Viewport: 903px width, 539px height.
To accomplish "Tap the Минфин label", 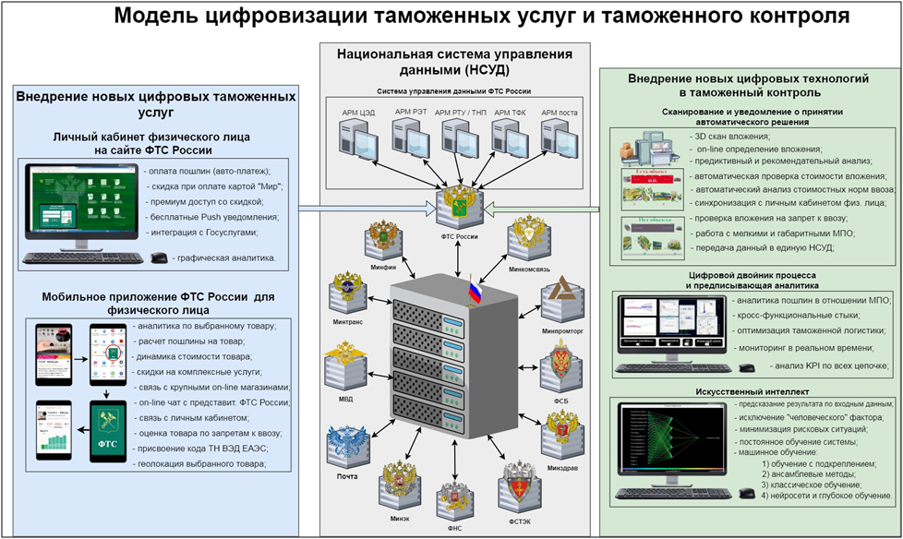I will point(383,265).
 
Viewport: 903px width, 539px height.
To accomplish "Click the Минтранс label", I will point(349,324).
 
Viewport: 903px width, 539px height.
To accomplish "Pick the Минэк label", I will point(400,518).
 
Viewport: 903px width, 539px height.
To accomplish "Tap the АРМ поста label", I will point(559,112).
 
